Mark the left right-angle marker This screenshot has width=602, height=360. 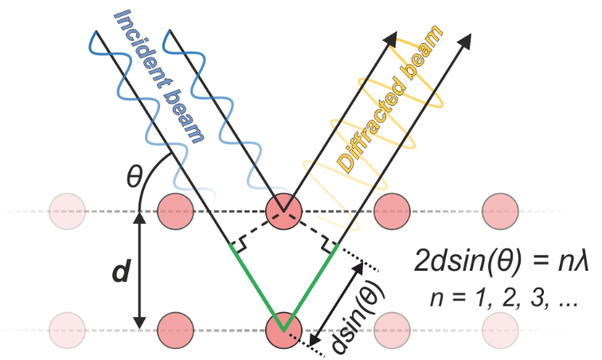point(236,241)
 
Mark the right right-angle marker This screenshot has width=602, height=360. point(330,241)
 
